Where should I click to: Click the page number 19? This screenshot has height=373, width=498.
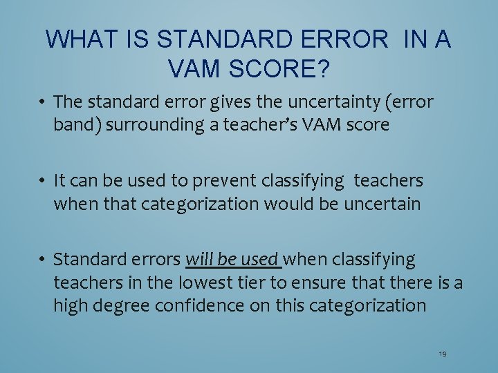443,354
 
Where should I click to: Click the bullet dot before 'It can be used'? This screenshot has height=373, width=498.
42,181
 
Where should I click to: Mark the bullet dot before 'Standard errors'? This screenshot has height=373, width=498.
42,260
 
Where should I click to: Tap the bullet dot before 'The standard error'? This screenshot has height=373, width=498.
42,102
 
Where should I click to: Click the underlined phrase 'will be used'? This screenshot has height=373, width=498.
233,260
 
